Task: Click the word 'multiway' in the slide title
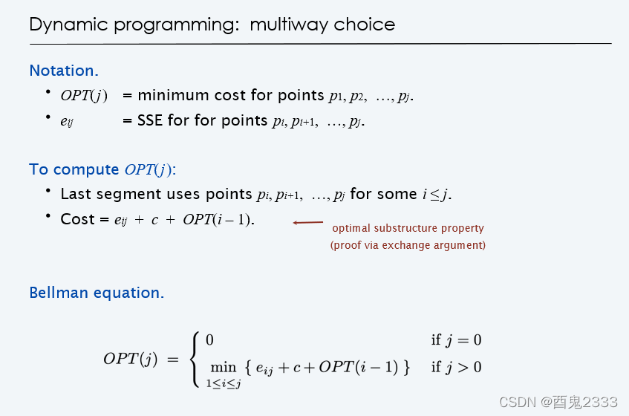coord(288,25)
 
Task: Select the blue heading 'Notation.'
coord(64,71)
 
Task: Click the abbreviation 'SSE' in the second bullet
coord(149,120)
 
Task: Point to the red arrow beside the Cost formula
coord(308,223)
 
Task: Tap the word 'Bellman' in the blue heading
coord(59,293)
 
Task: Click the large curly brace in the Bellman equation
coord(196,360)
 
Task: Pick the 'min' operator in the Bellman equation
coord(224,367)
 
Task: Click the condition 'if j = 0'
coord(456,340)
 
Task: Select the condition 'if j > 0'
coord(456,367)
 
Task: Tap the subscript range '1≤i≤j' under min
coord(224,383)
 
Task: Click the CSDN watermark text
coord(558,402)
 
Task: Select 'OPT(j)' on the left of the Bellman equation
coord(131,359)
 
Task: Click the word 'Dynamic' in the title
coord(68,25)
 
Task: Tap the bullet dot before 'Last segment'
coord(48,191)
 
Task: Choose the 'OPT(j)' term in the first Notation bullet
coord(84,96)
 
